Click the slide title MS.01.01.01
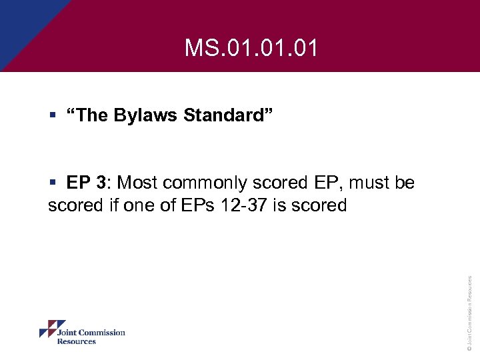point(251,48)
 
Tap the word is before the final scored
point(279,205)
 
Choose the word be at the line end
point(405,183)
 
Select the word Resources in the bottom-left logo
point(76,341)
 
